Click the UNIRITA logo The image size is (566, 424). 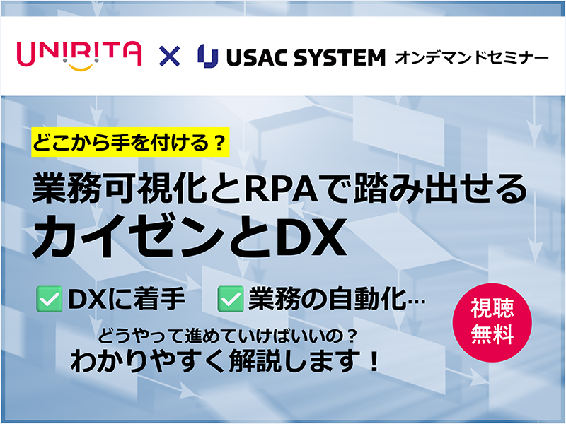pos(79,56)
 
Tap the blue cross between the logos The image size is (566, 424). pos(169,57)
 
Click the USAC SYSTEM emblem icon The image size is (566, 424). pos(207,56)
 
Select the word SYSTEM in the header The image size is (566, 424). pos(340,58)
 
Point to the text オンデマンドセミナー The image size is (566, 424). pos(472,58)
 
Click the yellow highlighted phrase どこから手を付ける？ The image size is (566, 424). pos(130,142)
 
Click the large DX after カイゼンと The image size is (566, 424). pos(309,237)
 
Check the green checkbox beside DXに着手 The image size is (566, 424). pos(49,299)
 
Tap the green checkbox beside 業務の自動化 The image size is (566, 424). pos(231,299)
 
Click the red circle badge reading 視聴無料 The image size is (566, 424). pos(492,322)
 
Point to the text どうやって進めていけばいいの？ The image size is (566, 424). pos(228,336)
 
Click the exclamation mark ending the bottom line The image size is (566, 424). pos(374,361)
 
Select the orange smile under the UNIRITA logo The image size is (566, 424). pos(81,67)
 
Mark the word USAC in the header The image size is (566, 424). pos(258,58)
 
